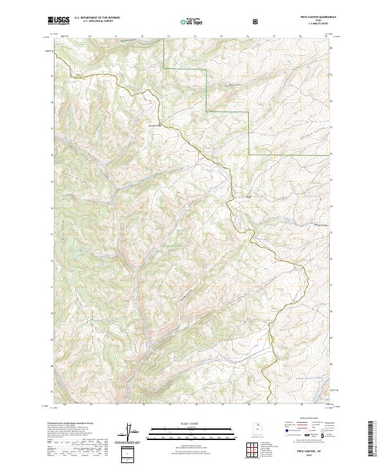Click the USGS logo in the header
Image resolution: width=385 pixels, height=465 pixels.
pyautogui.click(x=59, y=21)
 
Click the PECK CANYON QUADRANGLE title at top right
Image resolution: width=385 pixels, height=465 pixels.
pyautogui.click(x=313, y=17)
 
